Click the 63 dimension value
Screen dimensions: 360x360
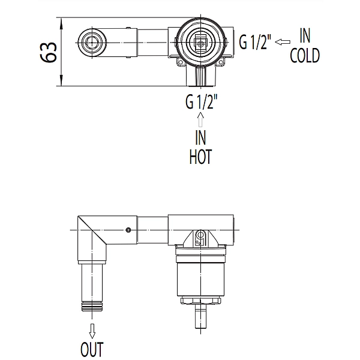point(49,52)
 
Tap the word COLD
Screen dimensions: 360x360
point(305,56)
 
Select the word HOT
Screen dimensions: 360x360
point(200,157)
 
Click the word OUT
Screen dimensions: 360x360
point(92,349)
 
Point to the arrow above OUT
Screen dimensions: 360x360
point(92,331)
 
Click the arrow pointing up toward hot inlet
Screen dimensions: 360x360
point(200,119)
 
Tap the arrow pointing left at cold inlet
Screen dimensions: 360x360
point(283,42)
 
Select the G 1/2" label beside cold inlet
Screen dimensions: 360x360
point(255,42)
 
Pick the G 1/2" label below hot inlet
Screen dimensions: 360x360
point(202,102)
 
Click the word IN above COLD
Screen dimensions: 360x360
point(305,36)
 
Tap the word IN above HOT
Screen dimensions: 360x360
point(200,138)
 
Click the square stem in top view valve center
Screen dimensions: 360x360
point(201,43)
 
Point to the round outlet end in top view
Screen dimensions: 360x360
point(92,43)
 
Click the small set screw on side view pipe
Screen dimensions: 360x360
point(128,230)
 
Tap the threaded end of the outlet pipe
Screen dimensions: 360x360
point(92,307)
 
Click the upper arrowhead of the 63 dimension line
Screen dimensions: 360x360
point(61,23)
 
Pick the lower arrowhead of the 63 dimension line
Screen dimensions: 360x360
point(61,80)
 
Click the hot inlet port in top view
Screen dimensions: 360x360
point(201,76)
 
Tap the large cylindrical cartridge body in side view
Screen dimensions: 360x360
point(201,279)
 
